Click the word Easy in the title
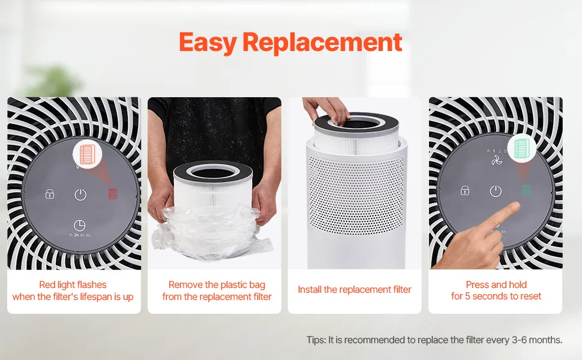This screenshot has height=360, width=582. pyautogui.click(x=208, y=43)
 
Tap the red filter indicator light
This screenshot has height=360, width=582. pyautogui.click(x=112, y=193)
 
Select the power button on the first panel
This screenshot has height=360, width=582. pyautogui.click(x=80, y=194)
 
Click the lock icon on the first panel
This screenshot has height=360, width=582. pyautogui.click(x=50, y=194)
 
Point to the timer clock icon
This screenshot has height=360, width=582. pyautogui.click(x=79, y=225)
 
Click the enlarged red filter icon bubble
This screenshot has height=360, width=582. pyautogui.click(x=87, y=154)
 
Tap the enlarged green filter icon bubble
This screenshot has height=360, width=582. pyautogui.click(x=522, y=148)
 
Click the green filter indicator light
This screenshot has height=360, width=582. pyautogui.click(x=526, y=190)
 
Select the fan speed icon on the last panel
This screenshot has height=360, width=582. pyautogui.click(x=497, y=160)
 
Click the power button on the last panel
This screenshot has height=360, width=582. pyautogui.click(x=496, y=191)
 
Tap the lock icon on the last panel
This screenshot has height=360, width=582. pyautogui.click(x=465, y=190)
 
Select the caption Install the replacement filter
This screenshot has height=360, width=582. pyautogui.click(x=355, y=289)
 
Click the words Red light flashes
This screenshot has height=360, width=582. pyautogui.click(x=73, y=284)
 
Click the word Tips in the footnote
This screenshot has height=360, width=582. pyautogui.click(x=316, y=340)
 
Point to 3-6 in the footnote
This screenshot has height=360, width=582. pyautogui.click(x=519, y=340)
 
